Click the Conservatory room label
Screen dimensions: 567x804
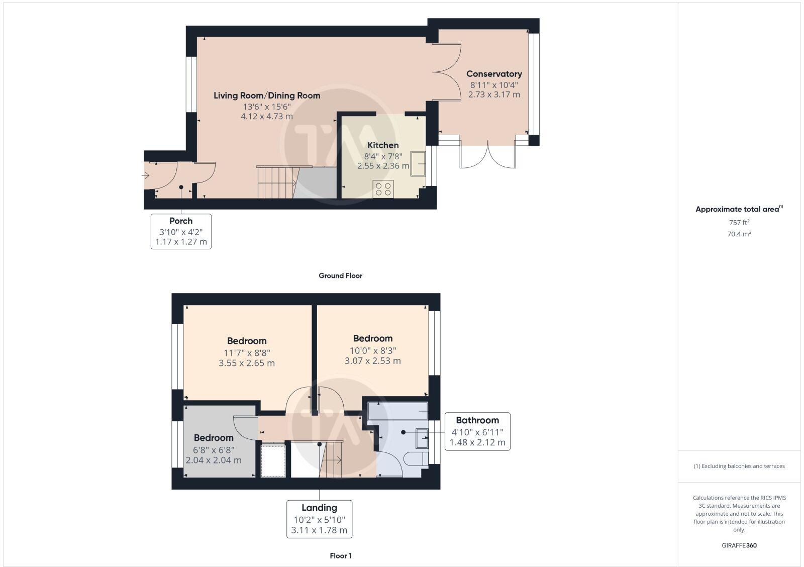(x=494, y=74)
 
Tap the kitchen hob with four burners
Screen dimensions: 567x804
(x=383, y=189)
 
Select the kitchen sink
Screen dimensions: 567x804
(x=418, y=163)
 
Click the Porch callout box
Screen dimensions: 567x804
(x=181, y=231)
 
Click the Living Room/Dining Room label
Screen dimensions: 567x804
(x=267, y=96)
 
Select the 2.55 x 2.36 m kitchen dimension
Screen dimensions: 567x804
(x=383, y=165)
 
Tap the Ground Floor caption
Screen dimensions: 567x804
(x=340, y=275)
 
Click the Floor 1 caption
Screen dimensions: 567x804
(x=340, y=556)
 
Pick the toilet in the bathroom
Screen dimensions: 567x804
(x=417, y=459)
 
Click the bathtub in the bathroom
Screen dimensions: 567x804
(x=397, y=411)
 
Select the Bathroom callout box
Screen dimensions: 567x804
(x=477, y=431)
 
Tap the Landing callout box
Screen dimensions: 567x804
(x=319, y=519)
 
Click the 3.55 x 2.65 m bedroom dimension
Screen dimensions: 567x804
(x=247, y=363)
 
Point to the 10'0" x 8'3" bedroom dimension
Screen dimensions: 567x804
(x=372, y=350)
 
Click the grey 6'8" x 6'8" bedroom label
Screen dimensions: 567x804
(x=214, y=438)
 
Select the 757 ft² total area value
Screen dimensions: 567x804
(x=739, y=222)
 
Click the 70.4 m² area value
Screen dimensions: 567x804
(x=739, y=234)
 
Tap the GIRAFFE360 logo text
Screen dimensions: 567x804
(x=739, y=545)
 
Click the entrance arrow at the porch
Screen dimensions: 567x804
(x=146, y=176)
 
